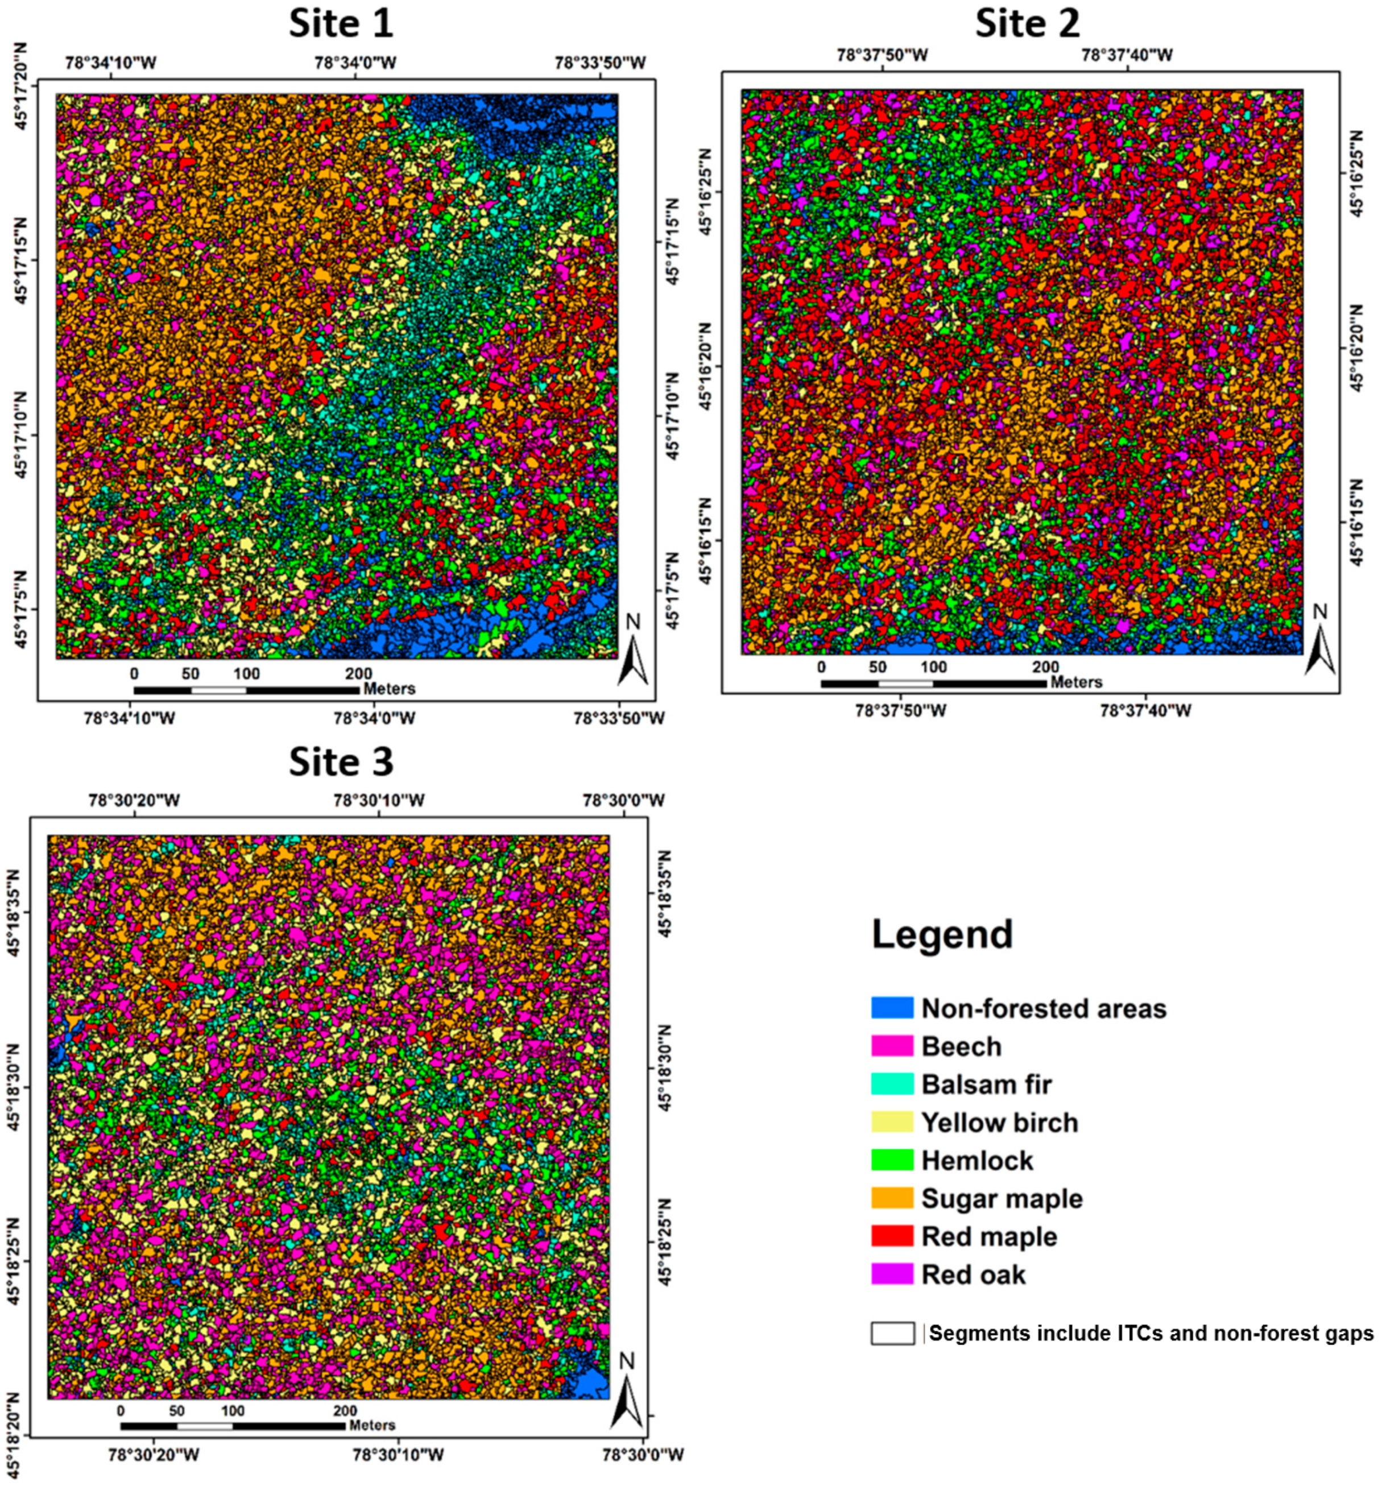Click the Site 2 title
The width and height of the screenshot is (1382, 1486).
(x=1027, y=24)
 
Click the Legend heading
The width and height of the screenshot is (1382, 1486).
(x=942, y=935)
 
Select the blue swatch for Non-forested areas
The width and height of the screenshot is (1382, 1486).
(x=892, y=1008)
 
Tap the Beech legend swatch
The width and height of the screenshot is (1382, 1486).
(x=892, y=1046)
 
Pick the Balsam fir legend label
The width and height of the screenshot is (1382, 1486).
(x=987, y=1084)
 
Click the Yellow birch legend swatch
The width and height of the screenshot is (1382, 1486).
(x=892, y=1122)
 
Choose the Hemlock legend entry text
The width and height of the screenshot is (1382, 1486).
(x=977, y=1160)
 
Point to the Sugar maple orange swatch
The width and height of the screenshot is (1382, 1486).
(x=892, y=1198)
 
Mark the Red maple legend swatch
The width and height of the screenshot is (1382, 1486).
(x=892, y=1236)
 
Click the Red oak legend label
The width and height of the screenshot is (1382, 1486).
(x=973, y=1274)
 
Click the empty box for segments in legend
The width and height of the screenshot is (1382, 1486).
(x=892, y=1334)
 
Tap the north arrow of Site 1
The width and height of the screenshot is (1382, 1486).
(x=632, y=658)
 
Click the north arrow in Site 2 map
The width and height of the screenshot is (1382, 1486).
(x=1319, y=647)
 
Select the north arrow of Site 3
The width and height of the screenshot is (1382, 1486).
(x=626, y=1396)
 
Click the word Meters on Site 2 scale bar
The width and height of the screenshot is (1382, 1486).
(x=1075, y=682)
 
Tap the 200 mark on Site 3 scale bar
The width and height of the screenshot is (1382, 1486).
(x=345, y=1412)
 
